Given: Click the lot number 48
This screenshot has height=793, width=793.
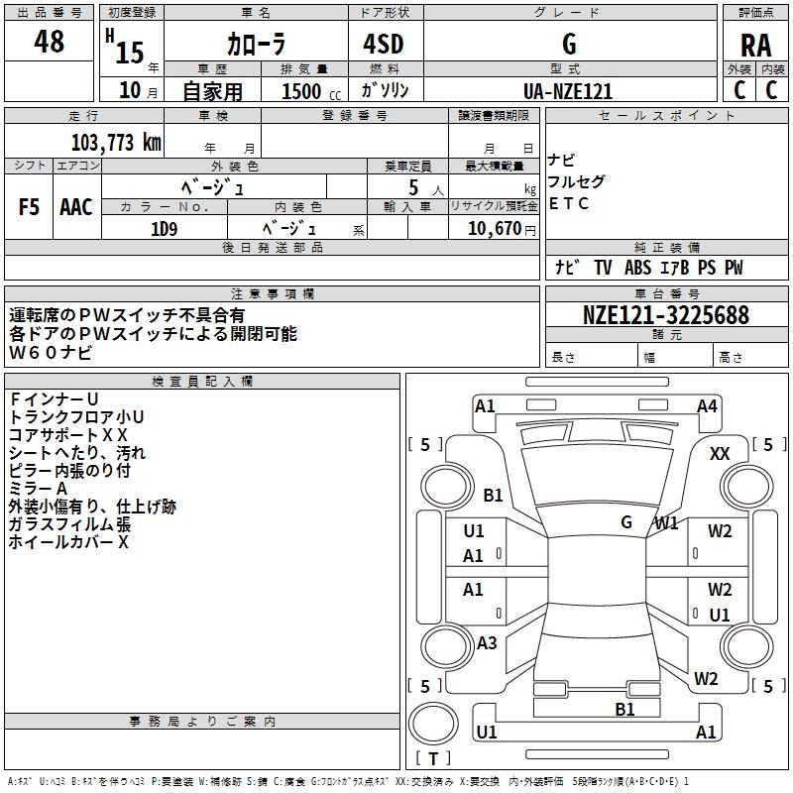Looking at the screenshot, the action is click(x=49, y=43).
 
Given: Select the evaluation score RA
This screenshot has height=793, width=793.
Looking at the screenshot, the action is click(x=755, y=45).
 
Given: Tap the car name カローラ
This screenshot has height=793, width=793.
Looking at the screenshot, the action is click(x=256, y=45).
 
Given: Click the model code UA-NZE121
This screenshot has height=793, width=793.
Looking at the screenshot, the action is click(x=567, y=91).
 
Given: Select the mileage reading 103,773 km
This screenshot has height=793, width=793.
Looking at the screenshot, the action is click(x=115, y=142).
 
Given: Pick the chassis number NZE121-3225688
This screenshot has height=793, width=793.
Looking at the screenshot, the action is click(x=666, y=315).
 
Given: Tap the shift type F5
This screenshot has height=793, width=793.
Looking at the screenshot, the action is click(x=29, y=207).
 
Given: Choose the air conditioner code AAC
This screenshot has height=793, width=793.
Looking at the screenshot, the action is click(x=76, y=207).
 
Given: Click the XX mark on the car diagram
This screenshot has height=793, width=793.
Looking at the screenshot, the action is click(x=721, y=453).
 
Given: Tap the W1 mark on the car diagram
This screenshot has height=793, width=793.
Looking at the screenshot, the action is click(x=666, y=522).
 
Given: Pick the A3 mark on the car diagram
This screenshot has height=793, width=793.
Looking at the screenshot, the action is click(x=487, y=643).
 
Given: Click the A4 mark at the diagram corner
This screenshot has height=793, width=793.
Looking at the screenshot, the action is click(x=707, y=405).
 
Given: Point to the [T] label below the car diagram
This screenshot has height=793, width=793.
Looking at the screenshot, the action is click(x=432, y=759).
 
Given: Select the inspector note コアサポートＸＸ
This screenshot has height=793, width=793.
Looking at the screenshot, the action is click(x=68, y=434).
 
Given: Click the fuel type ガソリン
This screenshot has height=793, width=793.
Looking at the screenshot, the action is click(x=385, y=91).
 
